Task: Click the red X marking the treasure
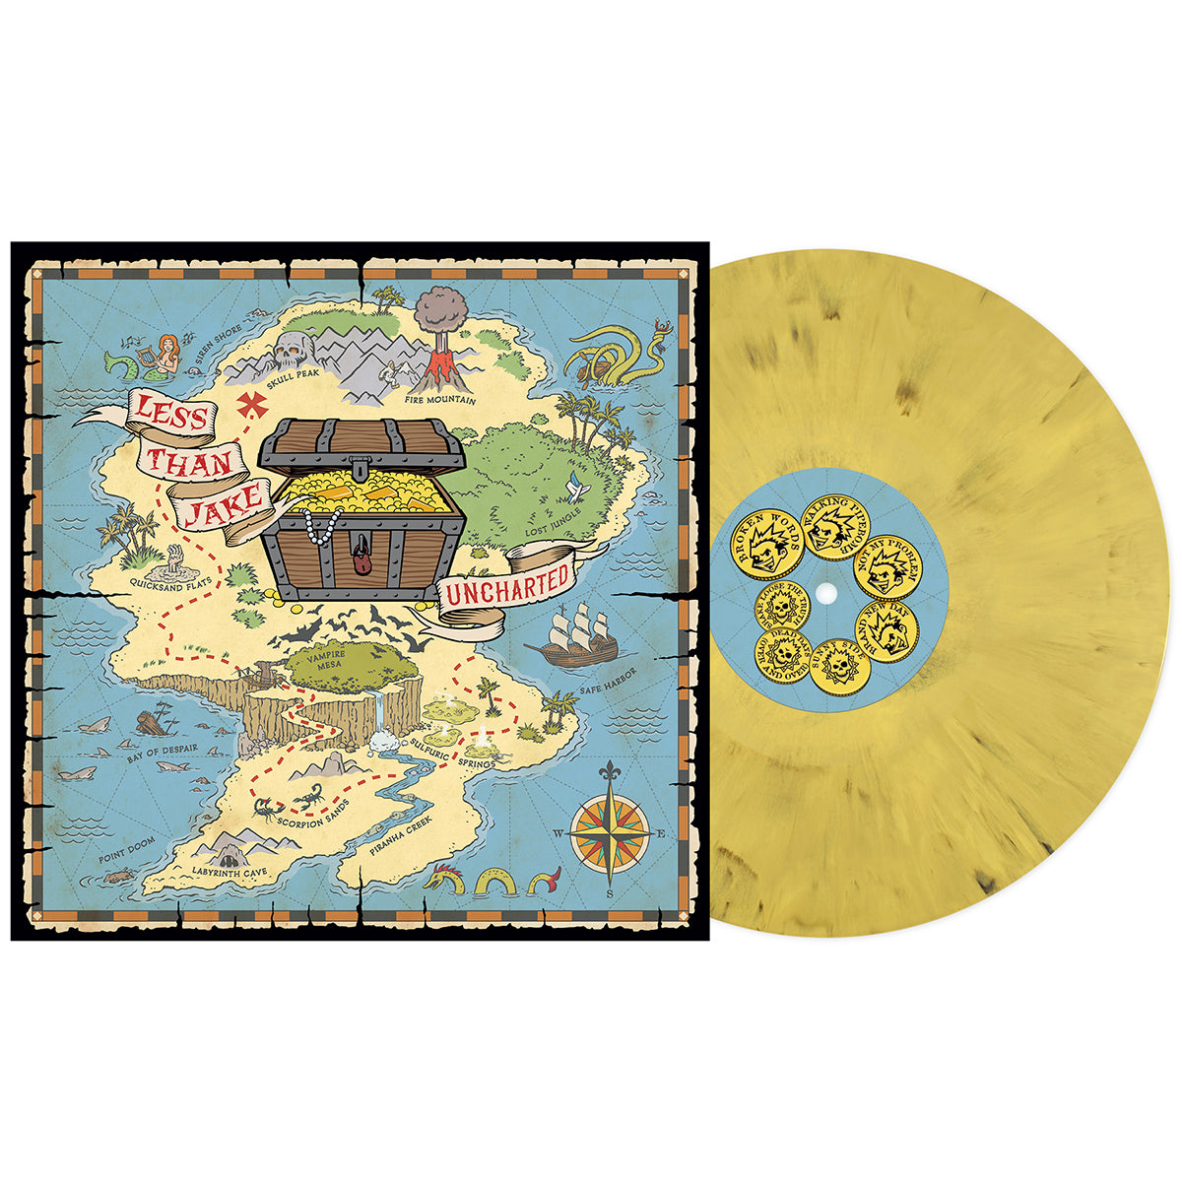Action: [254, 404]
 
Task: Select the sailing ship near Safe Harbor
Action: [572, 637]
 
